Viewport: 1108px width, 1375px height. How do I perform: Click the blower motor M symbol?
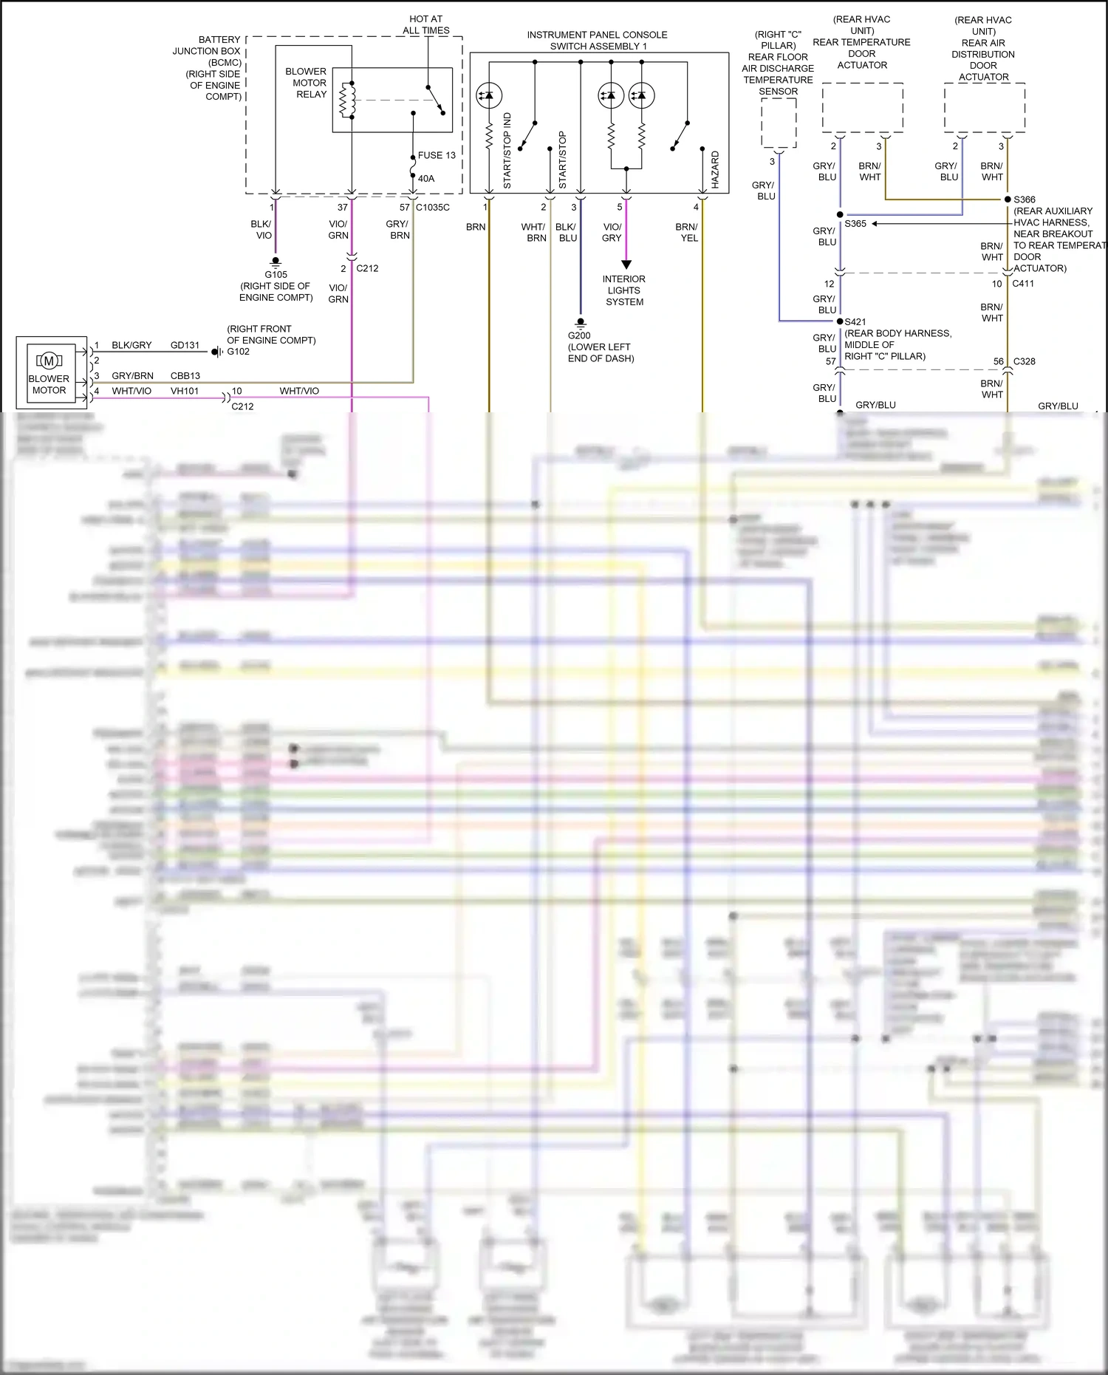click(49, 361)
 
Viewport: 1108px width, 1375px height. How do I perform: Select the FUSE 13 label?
click(437, 155)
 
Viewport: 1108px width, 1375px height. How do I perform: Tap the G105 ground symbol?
click(276, 262)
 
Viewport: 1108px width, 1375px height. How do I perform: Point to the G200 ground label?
click(579, 335)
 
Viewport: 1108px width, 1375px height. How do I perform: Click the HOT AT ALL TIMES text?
click(426, 24)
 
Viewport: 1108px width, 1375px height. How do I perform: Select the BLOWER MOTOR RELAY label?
click(307, 83)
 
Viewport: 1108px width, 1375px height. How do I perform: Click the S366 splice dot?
click(1008, 199)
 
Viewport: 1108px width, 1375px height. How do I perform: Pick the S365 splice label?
click(855, 223)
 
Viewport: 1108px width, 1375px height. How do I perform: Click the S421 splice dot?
click(840, 321)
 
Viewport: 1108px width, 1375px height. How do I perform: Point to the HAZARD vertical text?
click(715, 170)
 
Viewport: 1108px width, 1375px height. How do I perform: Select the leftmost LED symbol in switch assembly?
click(488, 95)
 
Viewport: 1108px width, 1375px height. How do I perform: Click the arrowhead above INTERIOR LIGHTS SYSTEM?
click(626, 265)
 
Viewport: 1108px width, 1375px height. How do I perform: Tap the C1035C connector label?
click(433, 208)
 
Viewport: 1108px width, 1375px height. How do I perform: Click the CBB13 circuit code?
click(185, 375)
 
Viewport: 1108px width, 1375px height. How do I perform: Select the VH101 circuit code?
click(185, 391)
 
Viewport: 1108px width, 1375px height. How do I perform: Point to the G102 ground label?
click(238, 352)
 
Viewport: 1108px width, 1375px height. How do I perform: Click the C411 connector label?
click(1023, 284)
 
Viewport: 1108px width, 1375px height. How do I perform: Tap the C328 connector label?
click(1024, 361)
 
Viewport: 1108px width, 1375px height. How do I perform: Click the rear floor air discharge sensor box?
click(779, 123)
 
